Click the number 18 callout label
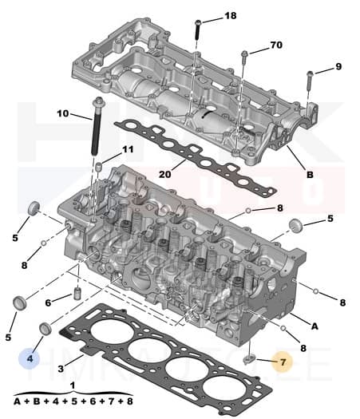pyautogui.click(x=230, y=16)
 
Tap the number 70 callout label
pyautogui.click(x=276, y=45)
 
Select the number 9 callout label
pyautogui.click(x=338, y=66)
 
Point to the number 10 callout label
pyautogui.click(x=63, y=114)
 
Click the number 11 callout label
pyautogui.click(x=127, y=150)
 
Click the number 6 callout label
pyautogui.click(x=49, y=302)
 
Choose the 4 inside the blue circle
pyautogui.click(x=30, y=359)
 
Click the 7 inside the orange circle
pyautogui.click(x=283, y=362)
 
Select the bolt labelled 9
pyautogui.click(x=308, y=80)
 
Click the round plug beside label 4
pyautogui.click(x=47, y=329)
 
